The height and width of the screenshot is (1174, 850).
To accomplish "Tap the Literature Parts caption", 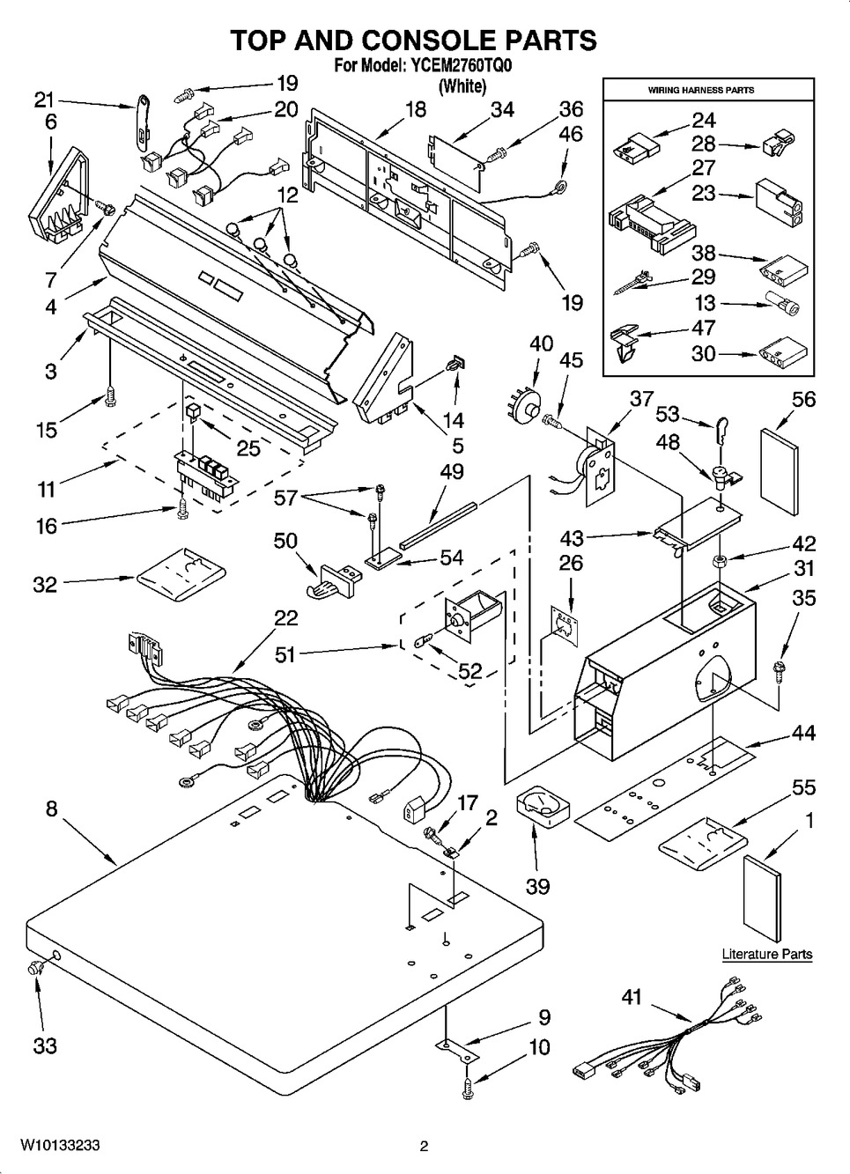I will (x=766, y=954).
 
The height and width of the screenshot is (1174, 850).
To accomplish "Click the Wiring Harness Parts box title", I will (x=700, y=90).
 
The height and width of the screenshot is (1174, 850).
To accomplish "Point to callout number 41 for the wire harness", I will (x=632, y=998).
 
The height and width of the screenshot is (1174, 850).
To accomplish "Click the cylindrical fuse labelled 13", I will (x=780, y=305).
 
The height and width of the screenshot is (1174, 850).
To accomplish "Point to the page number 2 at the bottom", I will (x=424, y=1146).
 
